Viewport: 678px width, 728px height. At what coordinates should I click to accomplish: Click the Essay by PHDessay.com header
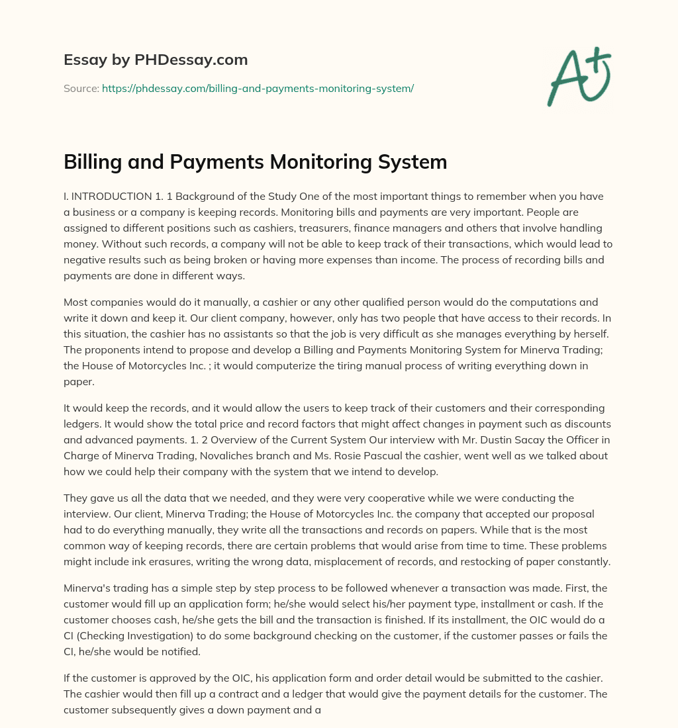[156, 60]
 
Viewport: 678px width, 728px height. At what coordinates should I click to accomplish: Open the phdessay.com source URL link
[258, 88]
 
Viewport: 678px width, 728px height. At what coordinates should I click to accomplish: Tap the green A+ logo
[579, 77]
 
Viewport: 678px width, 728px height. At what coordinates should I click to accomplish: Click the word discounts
[583, 424]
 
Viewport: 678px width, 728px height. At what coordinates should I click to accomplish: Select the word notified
[185, 651]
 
